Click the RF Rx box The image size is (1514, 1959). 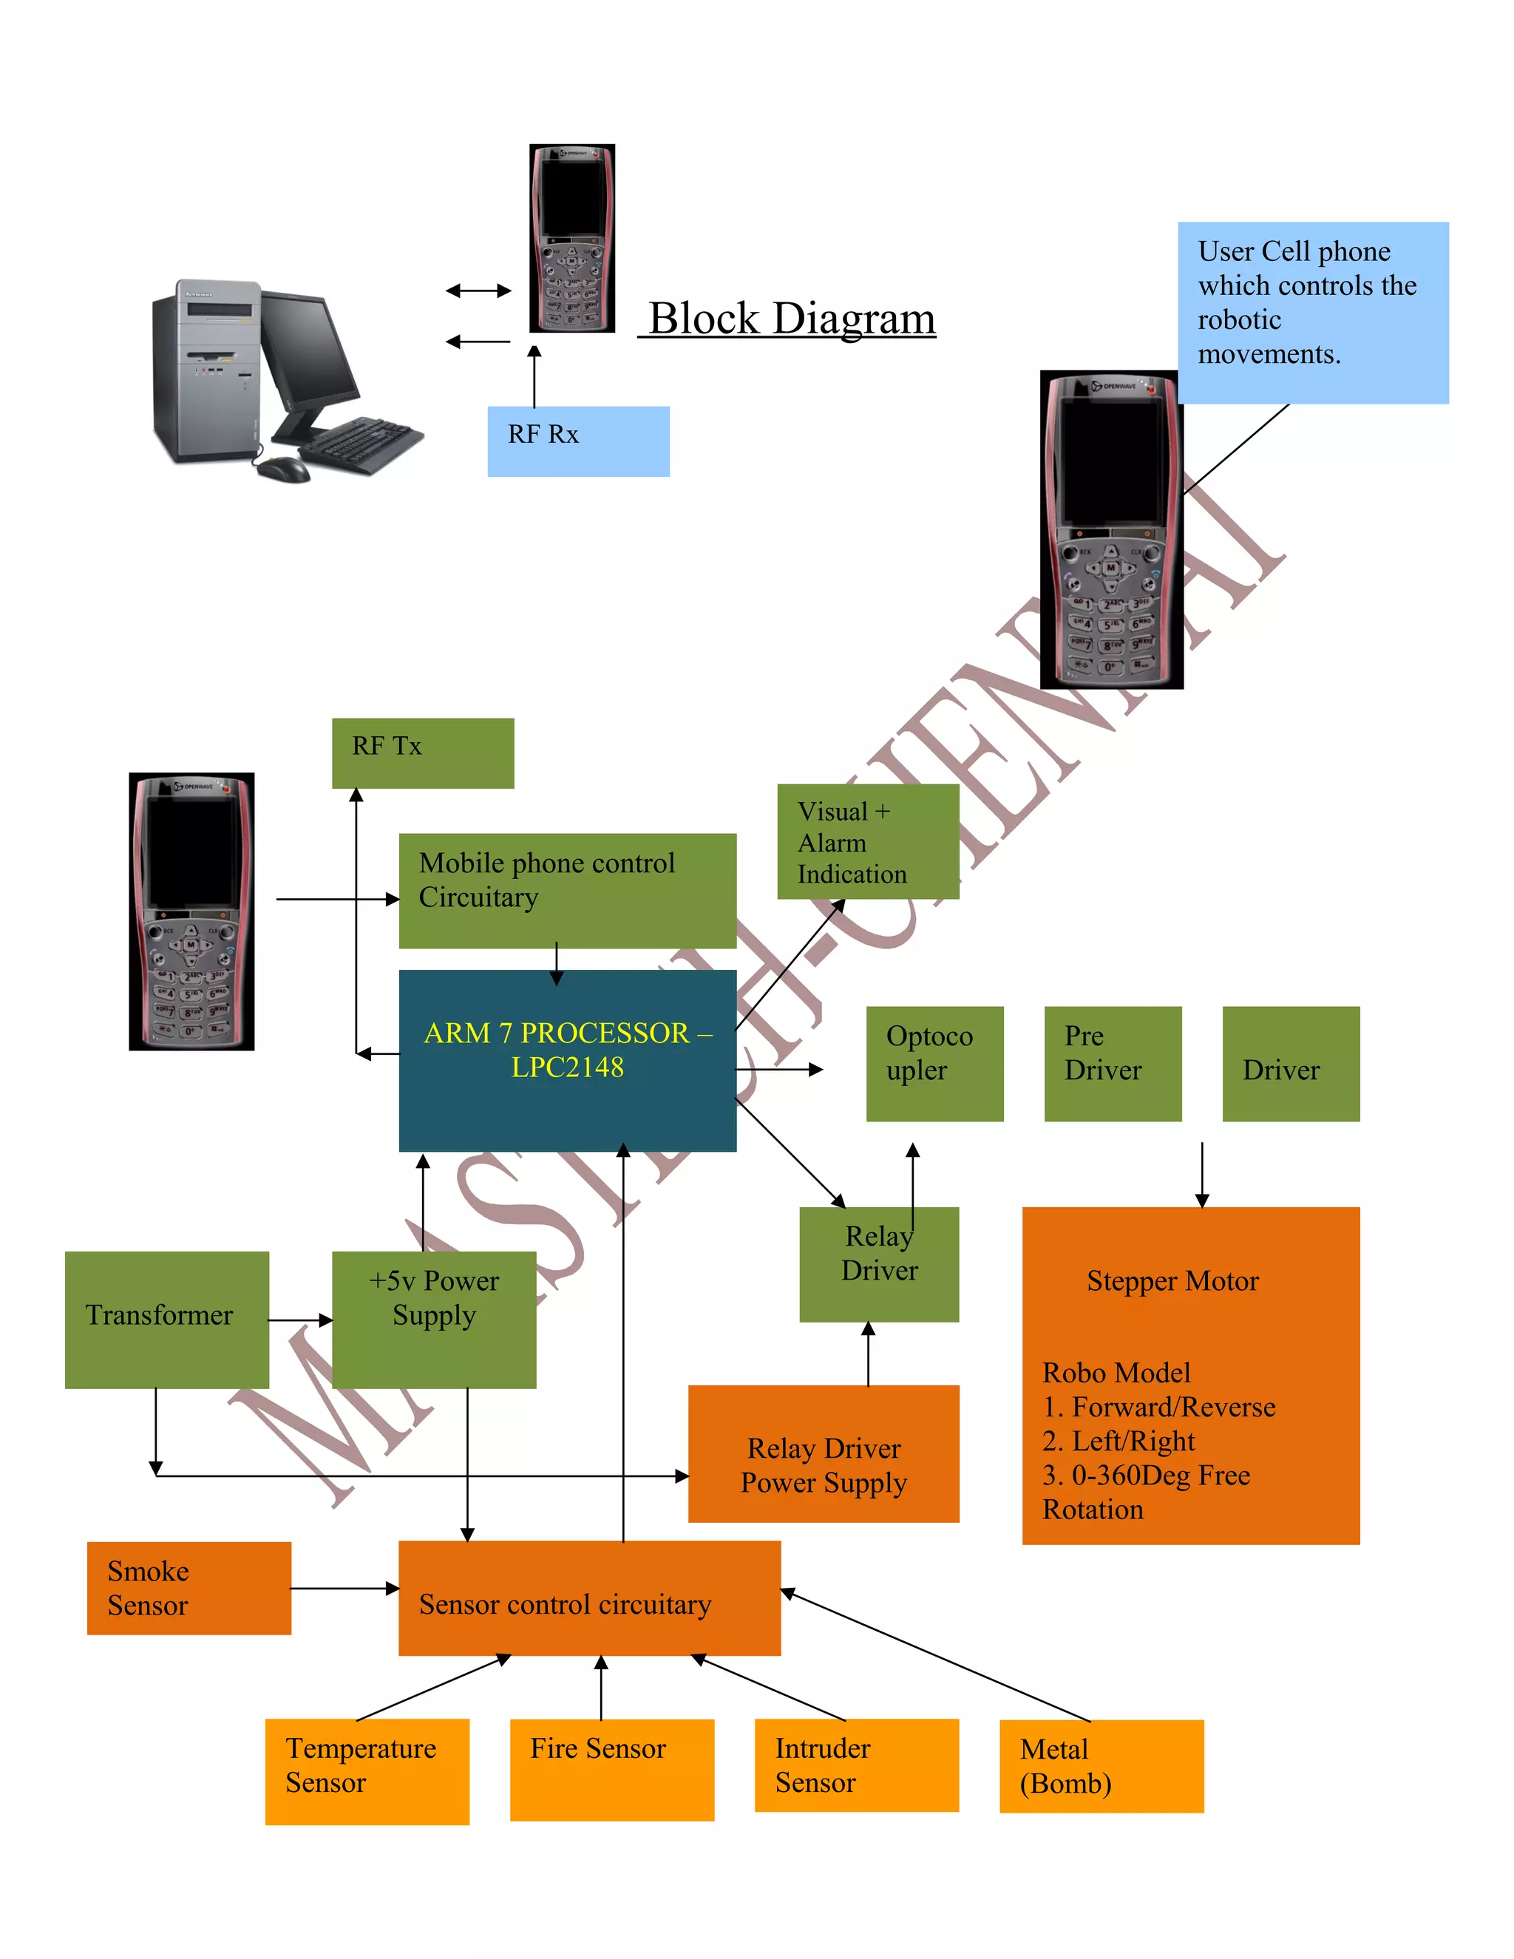click(577, 441)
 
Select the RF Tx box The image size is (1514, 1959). click(422, 753)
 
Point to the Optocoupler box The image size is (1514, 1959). click(934, 1063)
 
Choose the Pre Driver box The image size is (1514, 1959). click(1112, 1063)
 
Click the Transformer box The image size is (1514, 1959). click(167, 1319)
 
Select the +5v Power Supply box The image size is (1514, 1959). click(434, 1319)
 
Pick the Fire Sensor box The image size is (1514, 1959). click(611, 1768)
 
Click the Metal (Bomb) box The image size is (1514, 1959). click(1101, 1765)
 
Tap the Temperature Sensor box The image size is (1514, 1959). click(367, 1770)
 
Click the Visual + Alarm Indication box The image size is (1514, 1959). click(867, 841)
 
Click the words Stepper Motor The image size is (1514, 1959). click(1172, 1280)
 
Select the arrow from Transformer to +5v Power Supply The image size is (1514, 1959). click(300, 1320)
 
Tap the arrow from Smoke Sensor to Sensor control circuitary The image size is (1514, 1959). click(344, 1588)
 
